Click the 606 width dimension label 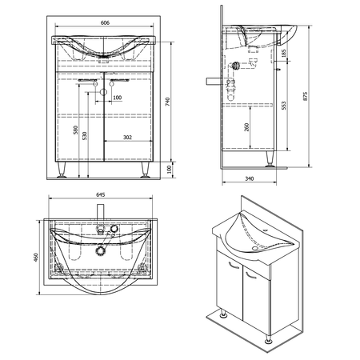coord(105,22)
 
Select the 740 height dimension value coord(167,102)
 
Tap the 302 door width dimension coord(127,138)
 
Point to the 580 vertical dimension coord(76,130)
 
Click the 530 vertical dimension coord(85,136)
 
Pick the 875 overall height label coord(305,96)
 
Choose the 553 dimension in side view coord(283,106)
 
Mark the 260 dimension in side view coord(246,127)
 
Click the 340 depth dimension coord(250,178)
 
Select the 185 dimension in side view coord(283,53)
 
